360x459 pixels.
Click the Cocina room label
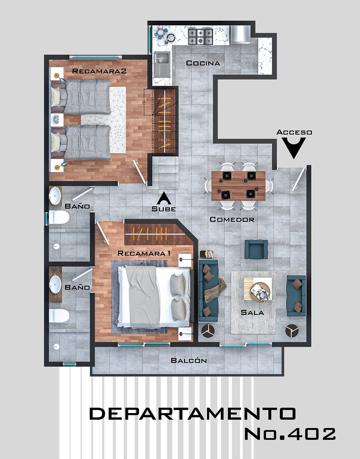click(203, 63)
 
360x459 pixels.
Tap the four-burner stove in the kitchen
click(201, 37)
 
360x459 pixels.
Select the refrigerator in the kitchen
click(240, 34)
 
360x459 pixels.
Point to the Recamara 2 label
click(99, 71)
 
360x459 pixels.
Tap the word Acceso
click(294, 132)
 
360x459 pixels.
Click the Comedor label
click(232, 220)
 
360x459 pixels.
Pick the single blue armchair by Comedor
click(256, 249)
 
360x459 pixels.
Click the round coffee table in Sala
click(260, 292)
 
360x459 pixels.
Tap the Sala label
click(252, 313)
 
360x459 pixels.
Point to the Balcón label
click(189, 360)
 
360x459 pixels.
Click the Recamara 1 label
click(144, 253)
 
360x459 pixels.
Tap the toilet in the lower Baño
click(59, 316)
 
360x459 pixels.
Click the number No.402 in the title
click(290, 434)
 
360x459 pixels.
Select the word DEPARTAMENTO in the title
click(193, 413)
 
